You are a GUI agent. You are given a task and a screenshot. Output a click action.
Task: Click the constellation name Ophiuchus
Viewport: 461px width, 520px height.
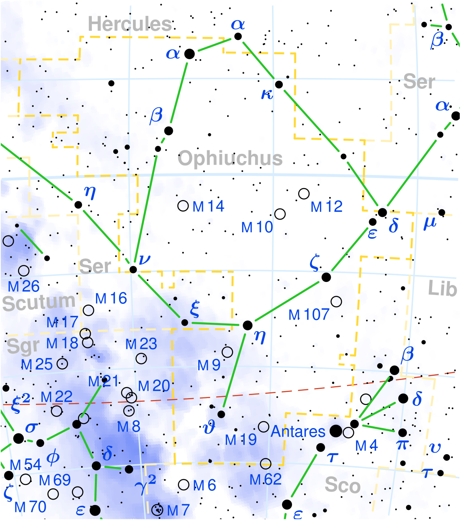point(230,158)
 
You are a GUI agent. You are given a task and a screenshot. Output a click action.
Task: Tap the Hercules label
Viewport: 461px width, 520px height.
point(130,24)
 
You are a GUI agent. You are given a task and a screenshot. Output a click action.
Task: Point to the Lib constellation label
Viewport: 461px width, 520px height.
point(443,288)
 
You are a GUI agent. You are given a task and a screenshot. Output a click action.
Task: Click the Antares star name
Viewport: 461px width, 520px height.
point(298,432)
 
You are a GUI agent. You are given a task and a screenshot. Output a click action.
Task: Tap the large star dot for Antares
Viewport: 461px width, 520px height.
point(336,431)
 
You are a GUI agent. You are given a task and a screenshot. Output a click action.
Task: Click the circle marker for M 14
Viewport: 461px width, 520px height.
point(183,206)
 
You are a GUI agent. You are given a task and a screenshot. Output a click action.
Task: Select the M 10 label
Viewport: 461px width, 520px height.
point(257,227)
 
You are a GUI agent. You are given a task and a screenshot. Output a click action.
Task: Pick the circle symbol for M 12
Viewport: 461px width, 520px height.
point(304,193)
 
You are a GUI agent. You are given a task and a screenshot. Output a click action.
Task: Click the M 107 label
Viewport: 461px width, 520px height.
point(309,315)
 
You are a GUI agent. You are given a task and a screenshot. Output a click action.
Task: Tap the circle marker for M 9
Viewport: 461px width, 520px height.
point(227,352)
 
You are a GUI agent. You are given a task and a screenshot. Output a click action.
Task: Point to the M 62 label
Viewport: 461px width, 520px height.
point(265,480)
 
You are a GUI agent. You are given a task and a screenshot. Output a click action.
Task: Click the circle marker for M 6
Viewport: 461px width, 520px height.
point(184,485)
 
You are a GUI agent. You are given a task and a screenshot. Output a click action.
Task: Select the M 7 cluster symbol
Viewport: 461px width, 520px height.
point(157,510)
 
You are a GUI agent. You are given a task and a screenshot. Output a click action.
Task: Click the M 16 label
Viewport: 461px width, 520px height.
point(111,298)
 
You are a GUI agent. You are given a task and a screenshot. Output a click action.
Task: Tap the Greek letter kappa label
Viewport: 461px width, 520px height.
point(267,94)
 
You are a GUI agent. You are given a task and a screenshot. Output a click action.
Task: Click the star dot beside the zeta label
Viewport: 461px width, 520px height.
point(326,277)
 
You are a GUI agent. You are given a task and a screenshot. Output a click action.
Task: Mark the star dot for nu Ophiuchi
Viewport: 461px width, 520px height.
point(133,269)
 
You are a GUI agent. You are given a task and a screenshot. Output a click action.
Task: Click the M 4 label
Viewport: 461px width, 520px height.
point(366,446)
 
